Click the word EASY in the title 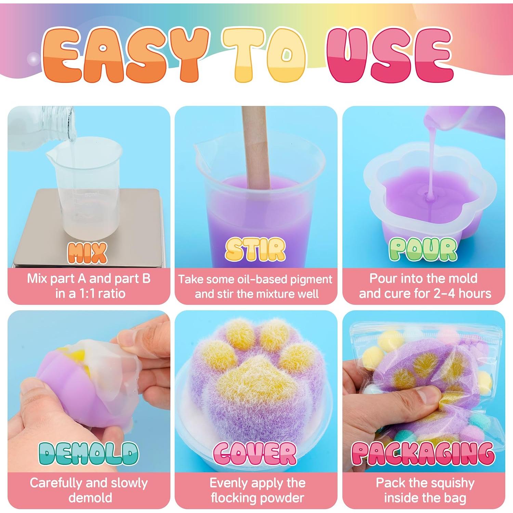click(x=125, y=55)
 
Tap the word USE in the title click(x=390, y=55)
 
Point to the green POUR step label click(x=423, y=250)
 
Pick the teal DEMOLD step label click(x=89, y=453)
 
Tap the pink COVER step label click(x=255, y=453)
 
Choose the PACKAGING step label click(x=423, y=453)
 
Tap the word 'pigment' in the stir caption click(x=311, y=279)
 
